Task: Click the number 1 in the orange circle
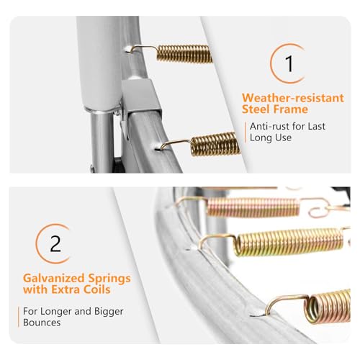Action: point(289,63)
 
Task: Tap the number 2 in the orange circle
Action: point(55,243)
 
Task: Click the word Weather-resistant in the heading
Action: point(293,98)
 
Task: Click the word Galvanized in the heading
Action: point(53,279)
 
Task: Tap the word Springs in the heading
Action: point(109,279)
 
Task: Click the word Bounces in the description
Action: point(42,323)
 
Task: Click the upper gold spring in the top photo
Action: point(184,54)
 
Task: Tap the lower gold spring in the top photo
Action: point(215,144)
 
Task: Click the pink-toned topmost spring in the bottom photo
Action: point(253,207)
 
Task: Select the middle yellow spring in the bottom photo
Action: point(289,242)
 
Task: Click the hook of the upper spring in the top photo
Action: point(142,48)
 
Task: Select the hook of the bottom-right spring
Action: point(286,302)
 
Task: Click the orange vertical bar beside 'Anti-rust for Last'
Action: point(246,132)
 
